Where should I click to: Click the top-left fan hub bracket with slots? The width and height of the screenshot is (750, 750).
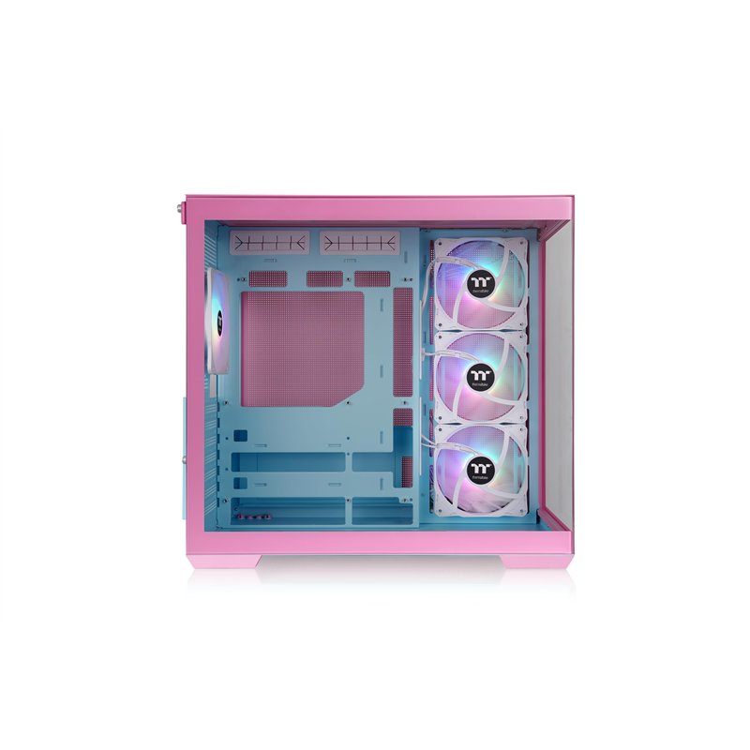[269, 244]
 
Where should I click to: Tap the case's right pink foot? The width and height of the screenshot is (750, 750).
[535, 561]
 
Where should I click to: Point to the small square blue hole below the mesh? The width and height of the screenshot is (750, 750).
[242, 435]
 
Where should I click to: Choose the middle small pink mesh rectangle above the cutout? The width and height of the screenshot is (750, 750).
[324, 278]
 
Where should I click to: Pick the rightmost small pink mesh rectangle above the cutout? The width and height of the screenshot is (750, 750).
[372, 278]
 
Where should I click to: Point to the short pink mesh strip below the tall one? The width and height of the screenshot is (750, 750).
[403, 417]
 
